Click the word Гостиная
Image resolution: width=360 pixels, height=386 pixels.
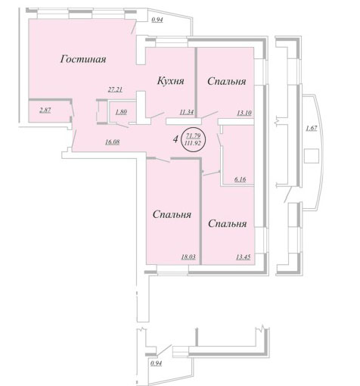point(83,60)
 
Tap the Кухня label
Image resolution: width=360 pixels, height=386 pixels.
point(171,81)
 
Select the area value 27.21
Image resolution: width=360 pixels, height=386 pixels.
point(115,89)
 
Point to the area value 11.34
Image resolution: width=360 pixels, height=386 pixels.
point(187,113)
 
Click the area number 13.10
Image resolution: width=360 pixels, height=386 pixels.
point(244,113)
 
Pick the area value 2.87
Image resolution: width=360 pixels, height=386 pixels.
point(45,110)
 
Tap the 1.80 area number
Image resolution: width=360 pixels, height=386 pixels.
point(121,112)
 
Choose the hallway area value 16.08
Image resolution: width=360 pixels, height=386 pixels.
point(113,142)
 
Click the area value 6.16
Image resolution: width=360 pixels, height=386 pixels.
point(240,179)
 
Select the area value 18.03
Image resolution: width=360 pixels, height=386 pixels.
point(188,257)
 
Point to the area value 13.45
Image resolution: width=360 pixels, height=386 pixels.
point(244,257)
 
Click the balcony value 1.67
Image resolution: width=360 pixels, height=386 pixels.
point(312,128)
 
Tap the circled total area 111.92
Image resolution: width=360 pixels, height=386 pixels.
point(193,143)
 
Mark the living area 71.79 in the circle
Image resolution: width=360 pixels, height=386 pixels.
point(193,136)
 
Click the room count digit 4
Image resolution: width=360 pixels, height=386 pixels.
point(175,139)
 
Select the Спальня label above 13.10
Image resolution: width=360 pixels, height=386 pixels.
point(227,81)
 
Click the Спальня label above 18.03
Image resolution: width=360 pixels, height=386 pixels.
point(172,215)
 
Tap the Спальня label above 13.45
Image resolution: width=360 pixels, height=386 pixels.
point(228,224)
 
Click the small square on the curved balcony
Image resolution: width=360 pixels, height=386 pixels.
point(312,156)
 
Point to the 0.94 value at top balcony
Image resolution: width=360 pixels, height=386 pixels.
point(157,20)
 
